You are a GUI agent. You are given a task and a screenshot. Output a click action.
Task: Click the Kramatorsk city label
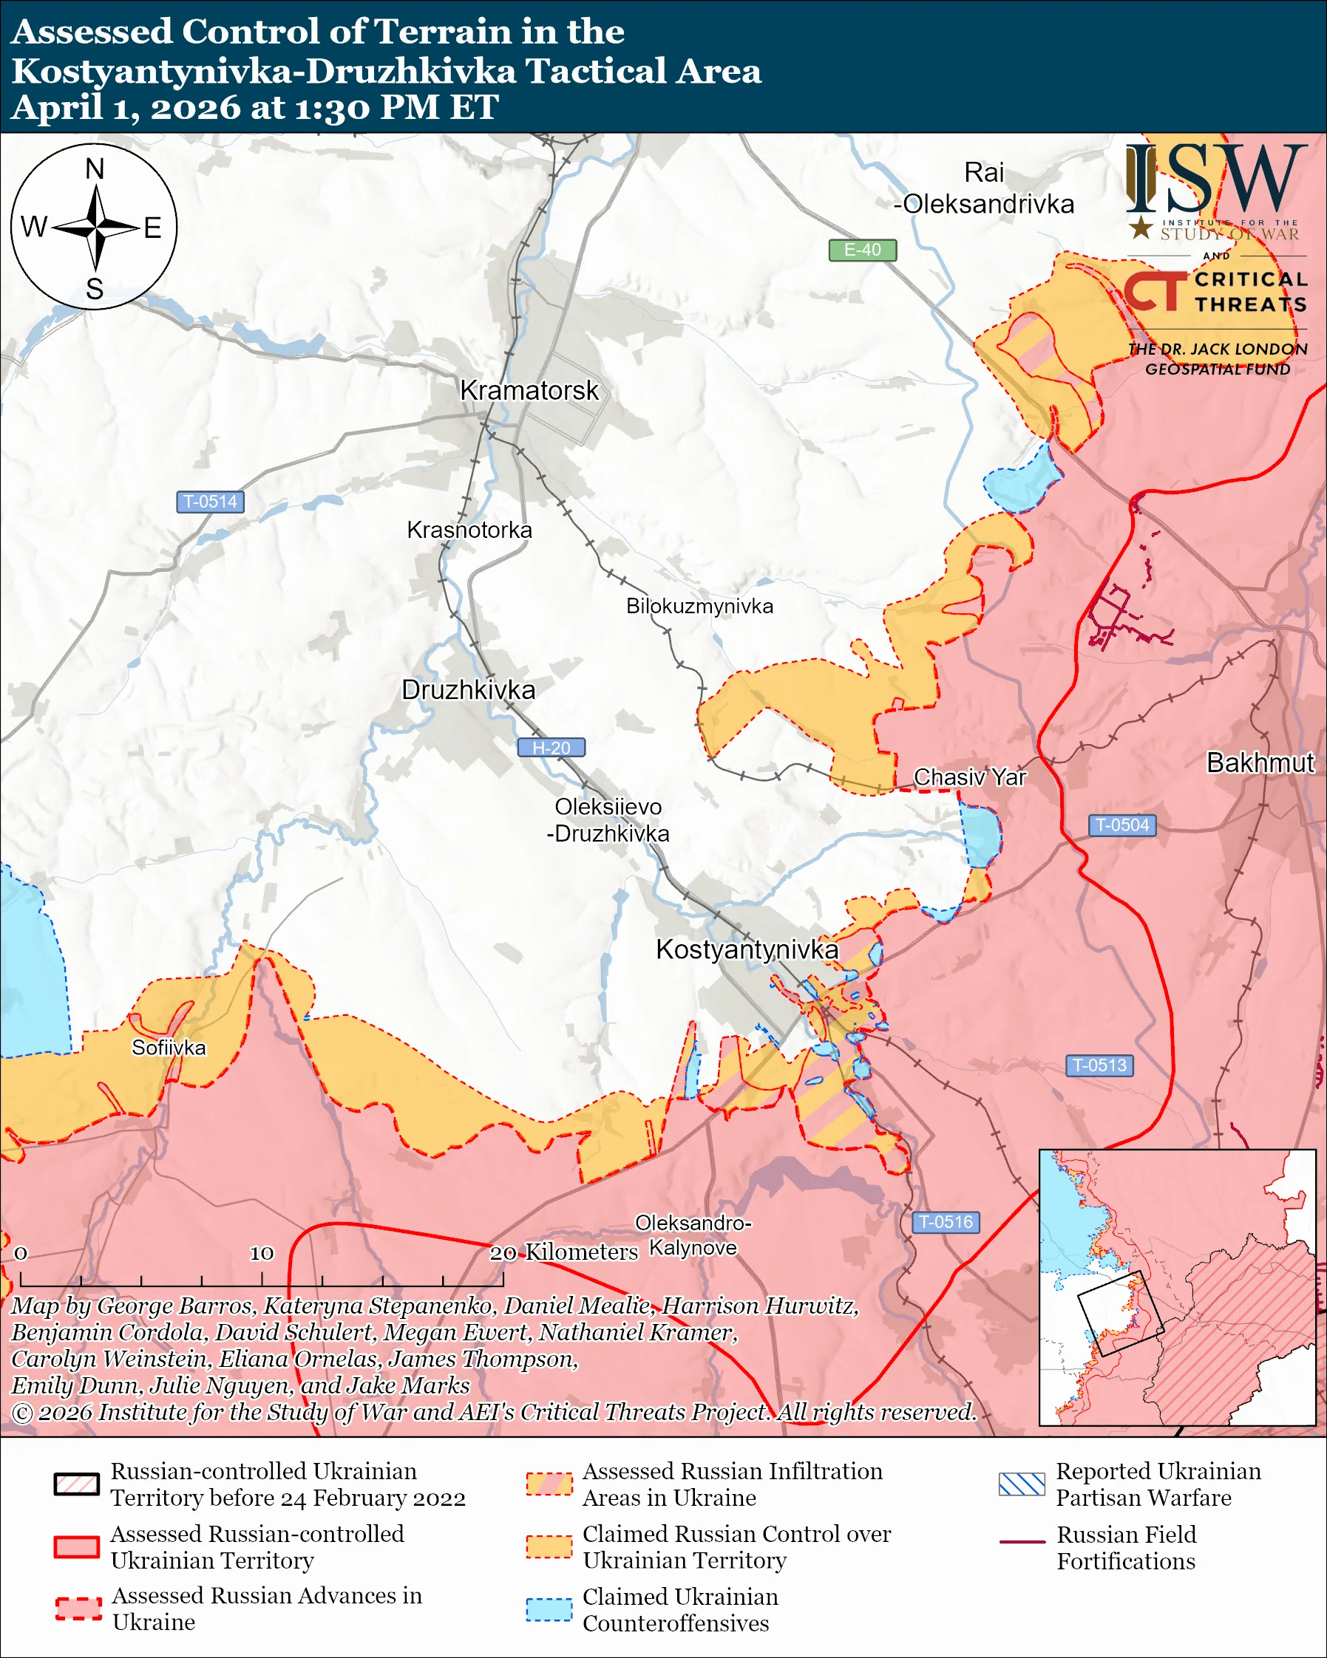pyautogui.click(x=529, y=391)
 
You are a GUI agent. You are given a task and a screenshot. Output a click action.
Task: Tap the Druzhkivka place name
pyautogui.click(x=468, y=690)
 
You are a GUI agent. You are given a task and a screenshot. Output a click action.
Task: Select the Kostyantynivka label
pyautogui.click(x=746, y=949)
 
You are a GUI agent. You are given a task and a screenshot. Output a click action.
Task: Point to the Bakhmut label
pyautogui.click(x=1259, y=763)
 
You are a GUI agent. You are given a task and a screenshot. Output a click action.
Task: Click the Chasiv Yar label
pyautogui.click(x=969, y=777)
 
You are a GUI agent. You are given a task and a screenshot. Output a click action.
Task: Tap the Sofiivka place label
pyautogui.click(x=169, y=1048)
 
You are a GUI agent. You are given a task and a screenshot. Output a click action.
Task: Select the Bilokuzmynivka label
pyautogui.click(x=699, y=606)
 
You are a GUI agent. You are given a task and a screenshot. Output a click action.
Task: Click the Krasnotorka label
pyautogui.click(x=469, y=530)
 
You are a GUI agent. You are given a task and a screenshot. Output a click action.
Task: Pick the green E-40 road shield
pyautogui.click(x=861, y=250)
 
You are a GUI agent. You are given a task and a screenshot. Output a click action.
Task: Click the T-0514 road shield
pyautogui.click(x=210, y=502)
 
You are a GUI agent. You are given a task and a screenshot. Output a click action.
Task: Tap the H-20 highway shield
pyautogui.click(x=551, y=748)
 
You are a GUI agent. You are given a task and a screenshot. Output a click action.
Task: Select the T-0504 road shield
pyautogui.click(x=1121, y=825)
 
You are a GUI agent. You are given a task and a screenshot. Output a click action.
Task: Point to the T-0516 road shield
pyautogui.click(x=945, y=1222)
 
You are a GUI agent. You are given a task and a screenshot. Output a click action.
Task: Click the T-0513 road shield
pyautogui.click(x=1099, y=1065)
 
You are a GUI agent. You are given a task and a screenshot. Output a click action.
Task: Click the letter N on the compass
pyautogui.click(x=95, y=169)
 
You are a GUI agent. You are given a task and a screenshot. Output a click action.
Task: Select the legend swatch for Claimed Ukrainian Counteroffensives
pyautogui.click(x=549, y=1609)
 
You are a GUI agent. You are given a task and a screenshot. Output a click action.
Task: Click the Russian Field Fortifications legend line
pyautogui.click(x=1022, y=1542)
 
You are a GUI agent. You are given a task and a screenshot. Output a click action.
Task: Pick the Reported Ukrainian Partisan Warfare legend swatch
pyautogui.click(x=1022, y=1484)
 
